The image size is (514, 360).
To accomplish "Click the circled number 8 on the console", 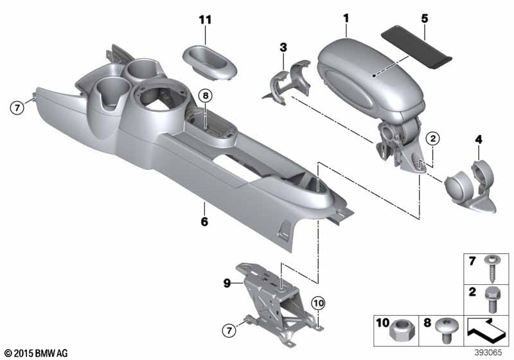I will coord(204,96).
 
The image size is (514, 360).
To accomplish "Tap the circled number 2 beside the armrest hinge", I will coord(432,138).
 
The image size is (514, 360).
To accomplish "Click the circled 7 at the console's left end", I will coord(18,107).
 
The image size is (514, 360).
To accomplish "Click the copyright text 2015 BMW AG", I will coord(35,352).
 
